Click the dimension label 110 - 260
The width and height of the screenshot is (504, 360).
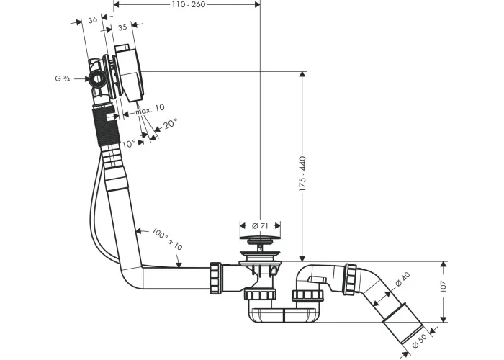[x=187, y=4]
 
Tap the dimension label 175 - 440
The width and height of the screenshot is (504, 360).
[x=302, y=174]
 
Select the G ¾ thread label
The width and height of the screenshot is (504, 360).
[x=63, y=78]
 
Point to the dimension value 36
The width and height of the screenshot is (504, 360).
[x=93, y=20]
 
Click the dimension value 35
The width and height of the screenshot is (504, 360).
[x=122, y=27]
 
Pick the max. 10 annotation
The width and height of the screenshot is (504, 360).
[x=150, y=109]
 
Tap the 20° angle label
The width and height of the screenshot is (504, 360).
[x=170, y=123]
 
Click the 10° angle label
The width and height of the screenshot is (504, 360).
[x=129, y=144]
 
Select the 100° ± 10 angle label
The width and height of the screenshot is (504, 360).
[x=167, y=239]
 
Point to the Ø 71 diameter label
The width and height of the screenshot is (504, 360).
[x=260, y=226]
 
